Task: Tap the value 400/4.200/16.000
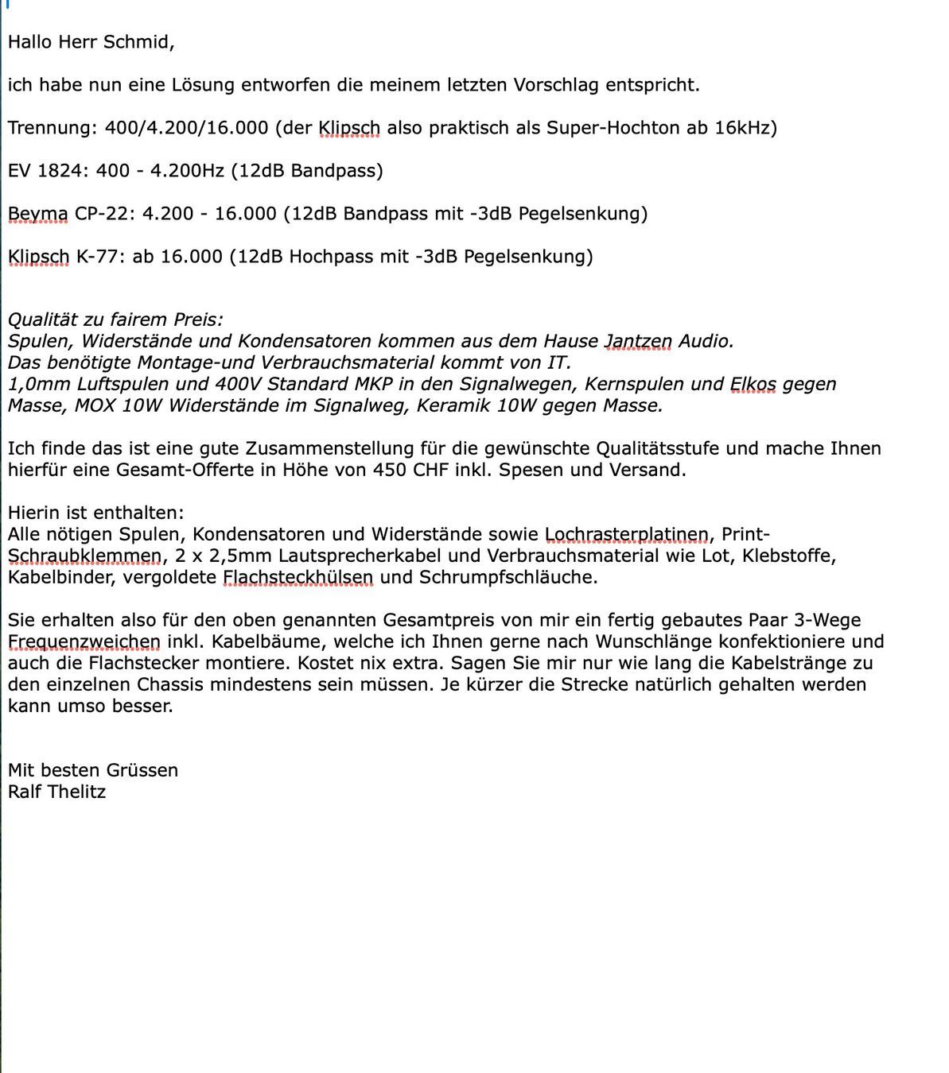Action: [x=186, y=128]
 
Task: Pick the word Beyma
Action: [x=38, y=214]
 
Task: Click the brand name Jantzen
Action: [x=638, y=342]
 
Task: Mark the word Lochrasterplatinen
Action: [x=627, y=535]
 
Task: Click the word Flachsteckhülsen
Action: [x=298, y=578]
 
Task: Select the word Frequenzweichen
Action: [x=84, y=642]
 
